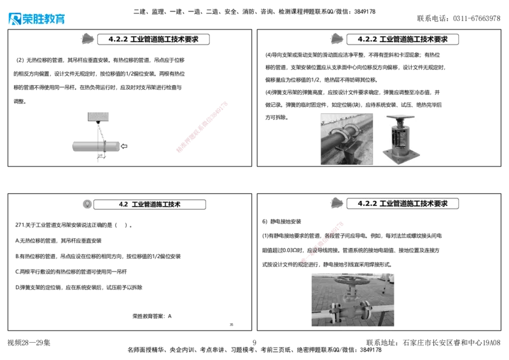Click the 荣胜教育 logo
pyautogui.click(x=36, y=18)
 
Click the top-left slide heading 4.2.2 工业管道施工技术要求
pyautogui.click(x=153, y=39)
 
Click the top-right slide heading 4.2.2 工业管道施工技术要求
pyautogui.click(x=402, y=39)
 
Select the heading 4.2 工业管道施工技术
pyautogui.click(x=150, y=205)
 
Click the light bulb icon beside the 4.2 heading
pyautogui.click(x=87, y=204)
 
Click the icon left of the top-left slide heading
pyautogui.click(x=86, y=39)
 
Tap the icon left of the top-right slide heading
pyautogui.click(x=336, y=39)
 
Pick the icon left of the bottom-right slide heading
pyautogui.click(x=337, y=203)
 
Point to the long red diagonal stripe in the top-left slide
pyautogui.click(x=201, y=127)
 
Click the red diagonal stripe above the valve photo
pyautogui.click(x=323, y=241)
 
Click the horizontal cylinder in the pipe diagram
pyautogui.click(x=95, y=146)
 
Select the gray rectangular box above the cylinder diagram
pyautogui.click(x=99, y=116)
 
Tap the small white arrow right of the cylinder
pyautogui.click(x=124, y=146)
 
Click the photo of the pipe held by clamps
pyautogui.click(x=347, y=139)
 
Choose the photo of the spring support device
pyautogui.click(x=401, y=139)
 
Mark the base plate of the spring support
pyautogui.click(x=401, y=158)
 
